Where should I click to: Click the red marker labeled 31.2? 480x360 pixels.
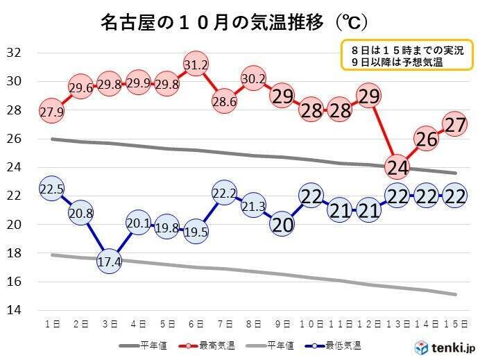pos(196,65)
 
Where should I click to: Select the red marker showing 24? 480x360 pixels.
pos(397,167)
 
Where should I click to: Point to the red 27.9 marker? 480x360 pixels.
pos(53,112)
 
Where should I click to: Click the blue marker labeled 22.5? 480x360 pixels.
pos(53,189)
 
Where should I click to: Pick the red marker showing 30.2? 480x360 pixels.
pos(253,79)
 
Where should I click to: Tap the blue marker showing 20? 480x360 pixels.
pos(282,224)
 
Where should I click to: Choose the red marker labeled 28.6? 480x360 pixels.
pos(224,102)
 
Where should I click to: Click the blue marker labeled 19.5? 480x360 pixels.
pos(196,232)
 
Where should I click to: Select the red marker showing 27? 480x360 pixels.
pos(454,124)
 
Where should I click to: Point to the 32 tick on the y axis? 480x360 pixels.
pos(15,53)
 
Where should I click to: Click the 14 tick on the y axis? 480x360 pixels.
pos(15,310)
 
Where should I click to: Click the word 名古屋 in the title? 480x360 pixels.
pos(123,23)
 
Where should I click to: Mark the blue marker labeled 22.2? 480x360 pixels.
pos(224,194)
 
